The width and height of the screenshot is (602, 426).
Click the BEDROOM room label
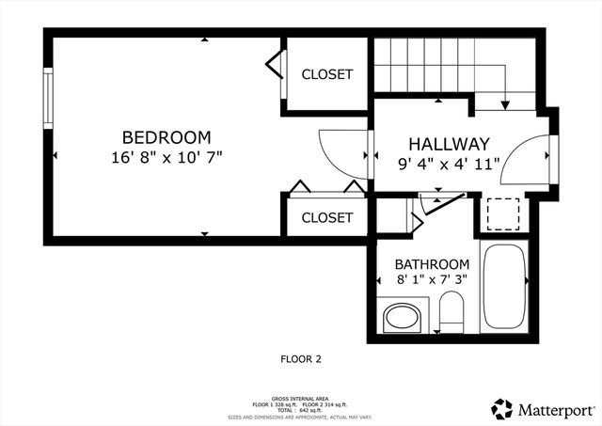166,137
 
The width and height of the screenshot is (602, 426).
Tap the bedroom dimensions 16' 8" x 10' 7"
166,156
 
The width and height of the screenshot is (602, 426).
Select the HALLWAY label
449,145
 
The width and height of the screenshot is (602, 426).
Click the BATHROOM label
432,264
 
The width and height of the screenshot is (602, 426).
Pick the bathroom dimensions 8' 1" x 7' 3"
432,280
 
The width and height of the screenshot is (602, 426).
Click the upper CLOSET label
326,74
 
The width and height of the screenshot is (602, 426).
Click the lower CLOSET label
326,217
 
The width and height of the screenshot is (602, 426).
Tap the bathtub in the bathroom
505,286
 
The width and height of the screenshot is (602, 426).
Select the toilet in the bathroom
452,310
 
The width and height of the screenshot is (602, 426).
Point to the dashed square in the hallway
505,213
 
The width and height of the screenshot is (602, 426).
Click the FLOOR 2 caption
301,358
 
